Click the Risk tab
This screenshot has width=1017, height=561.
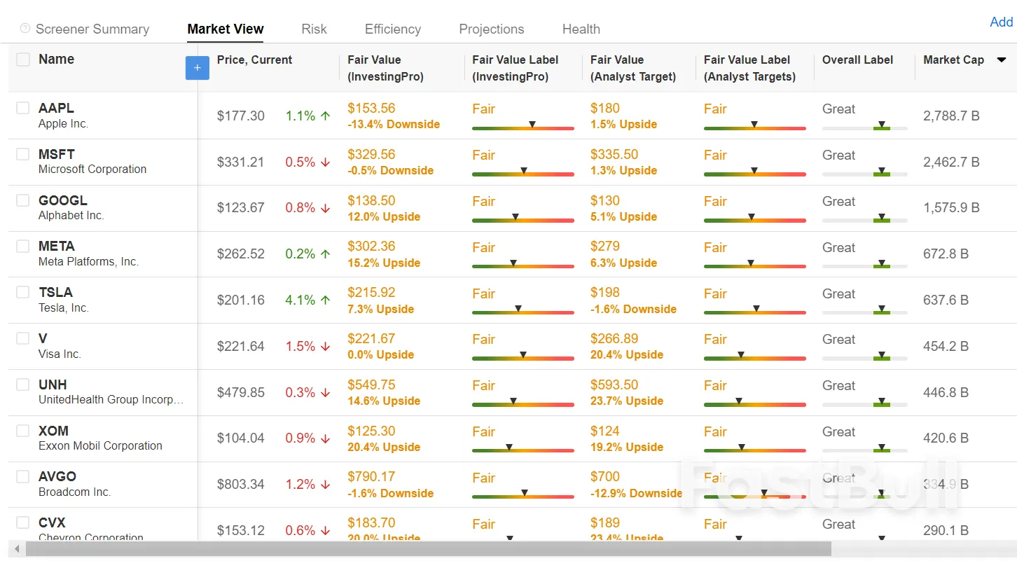314,29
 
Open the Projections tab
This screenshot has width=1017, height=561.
491,29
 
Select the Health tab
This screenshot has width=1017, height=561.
581,29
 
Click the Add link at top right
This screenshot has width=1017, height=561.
1001,22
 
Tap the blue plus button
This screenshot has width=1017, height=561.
197,68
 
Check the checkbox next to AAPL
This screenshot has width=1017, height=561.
23,108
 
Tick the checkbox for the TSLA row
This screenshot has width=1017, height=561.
23,292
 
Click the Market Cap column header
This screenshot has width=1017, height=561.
953,60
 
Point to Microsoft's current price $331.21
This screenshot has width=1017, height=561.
240,162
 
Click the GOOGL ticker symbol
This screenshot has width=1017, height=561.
63,200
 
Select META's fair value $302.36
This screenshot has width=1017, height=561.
371,247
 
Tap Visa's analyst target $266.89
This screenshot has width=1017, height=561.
614,339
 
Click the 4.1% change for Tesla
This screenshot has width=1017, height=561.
300,300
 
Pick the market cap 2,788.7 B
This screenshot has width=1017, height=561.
950,116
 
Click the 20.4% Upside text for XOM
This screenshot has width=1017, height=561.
384,448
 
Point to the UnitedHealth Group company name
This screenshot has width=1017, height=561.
111,400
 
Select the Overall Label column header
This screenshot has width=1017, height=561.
857,60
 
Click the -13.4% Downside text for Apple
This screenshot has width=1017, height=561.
394,125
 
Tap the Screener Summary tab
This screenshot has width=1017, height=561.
92,29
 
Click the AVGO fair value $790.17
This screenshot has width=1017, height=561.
371,477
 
